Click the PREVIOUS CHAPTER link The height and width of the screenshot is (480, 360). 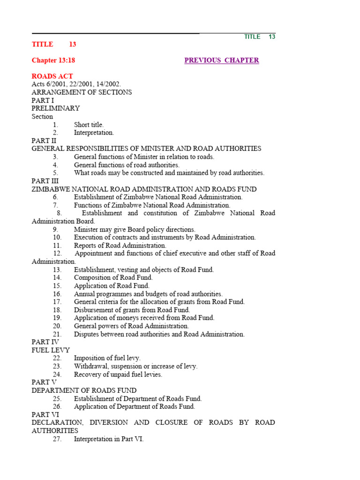tap(221, 60)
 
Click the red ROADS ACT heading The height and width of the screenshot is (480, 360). tap(52, 76)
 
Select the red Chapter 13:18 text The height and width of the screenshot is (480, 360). tap(53, 60)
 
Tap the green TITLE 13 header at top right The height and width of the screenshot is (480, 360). tap(259, 37)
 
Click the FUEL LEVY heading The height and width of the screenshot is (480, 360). tap(51, 350)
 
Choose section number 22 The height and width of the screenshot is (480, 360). tap(57, 358)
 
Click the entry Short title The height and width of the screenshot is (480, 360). tap(89, 125)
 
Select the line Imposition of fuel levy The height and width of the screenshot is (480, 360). tap(107, 358)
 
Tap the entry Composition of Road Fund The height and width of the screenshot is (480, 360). tap(113, 277)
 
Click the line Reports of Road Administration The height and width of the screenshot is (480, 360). tap(120, 245)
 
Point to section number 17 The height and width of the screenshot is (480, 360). tap(57, 302)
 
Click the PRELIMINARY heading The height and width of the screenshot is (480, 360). tap(56, 108)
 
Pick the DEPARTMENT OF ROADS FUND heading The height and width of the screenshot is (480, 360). tap(84, 390)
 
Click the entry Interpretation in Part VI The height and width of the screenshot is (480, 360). tap(109, 439)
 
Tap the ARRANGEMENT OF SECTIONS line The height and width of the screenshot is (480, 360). tap(82, 92)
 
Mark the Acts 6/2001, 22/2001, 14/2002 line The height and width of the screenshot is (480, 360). tap(76, 84)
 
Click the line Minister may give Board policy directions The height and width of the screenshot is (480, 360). tap(135, 230)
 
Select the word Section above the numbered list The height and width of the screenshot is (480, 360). tap(42, 117)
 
